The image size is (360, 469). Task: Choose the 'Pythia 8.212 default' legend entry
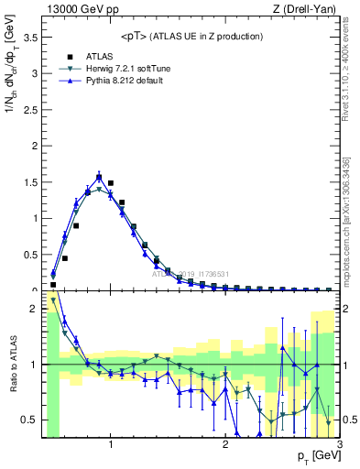110,82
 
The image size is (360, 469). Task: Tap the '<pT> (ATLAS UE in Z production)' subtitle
191,36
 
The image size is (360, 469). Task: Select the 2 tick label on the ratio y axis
35,309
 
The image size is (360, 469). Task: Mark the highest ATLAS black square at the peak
99,178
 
